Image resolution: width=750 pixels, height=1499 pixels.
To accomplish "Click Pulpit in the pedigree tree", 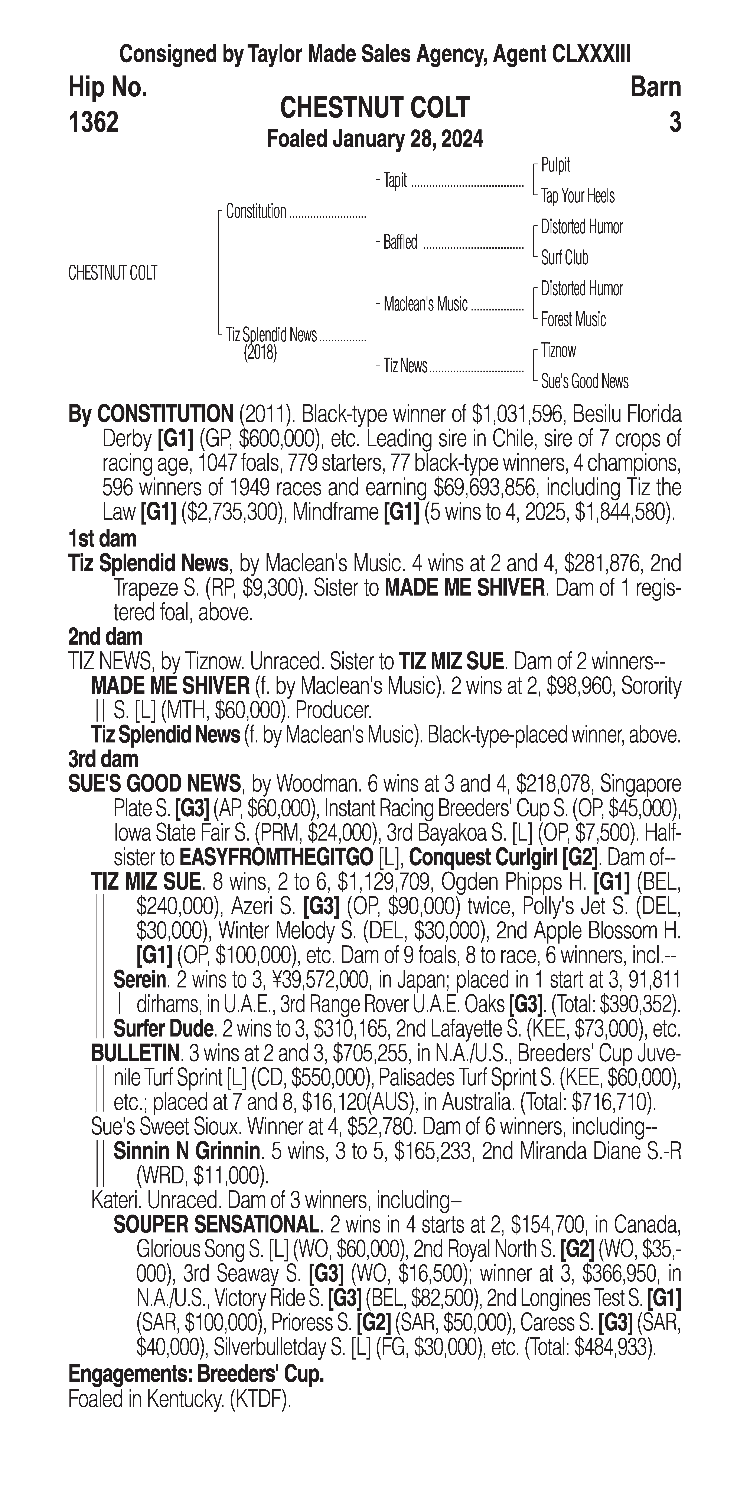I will coord(555,165).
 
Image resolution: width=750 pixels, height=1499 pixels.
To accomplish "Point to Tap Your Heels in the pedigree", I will coord(577,196).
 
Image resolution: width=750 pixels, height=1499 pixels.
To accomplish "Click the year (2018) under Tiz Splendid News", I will coord(260,353).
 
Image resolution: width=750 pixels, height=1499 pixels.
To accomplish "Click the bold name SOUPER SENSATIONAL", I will coord(216,1225).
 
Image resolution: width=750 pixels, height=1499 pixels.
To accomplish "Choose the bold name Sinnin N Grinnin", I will coord(186,1151).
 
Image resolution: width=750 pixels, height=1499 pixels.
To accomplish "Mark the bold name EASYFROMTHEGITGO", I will coord(277,857).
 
